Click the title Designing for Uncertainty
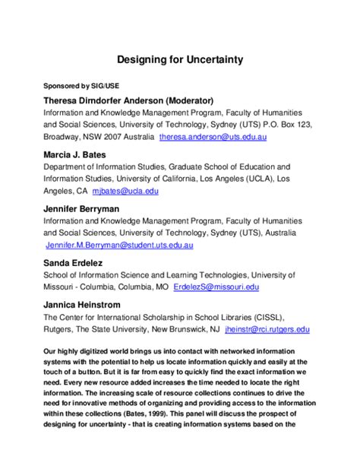179,58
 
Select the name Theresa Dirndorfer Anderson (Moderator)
128,100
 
